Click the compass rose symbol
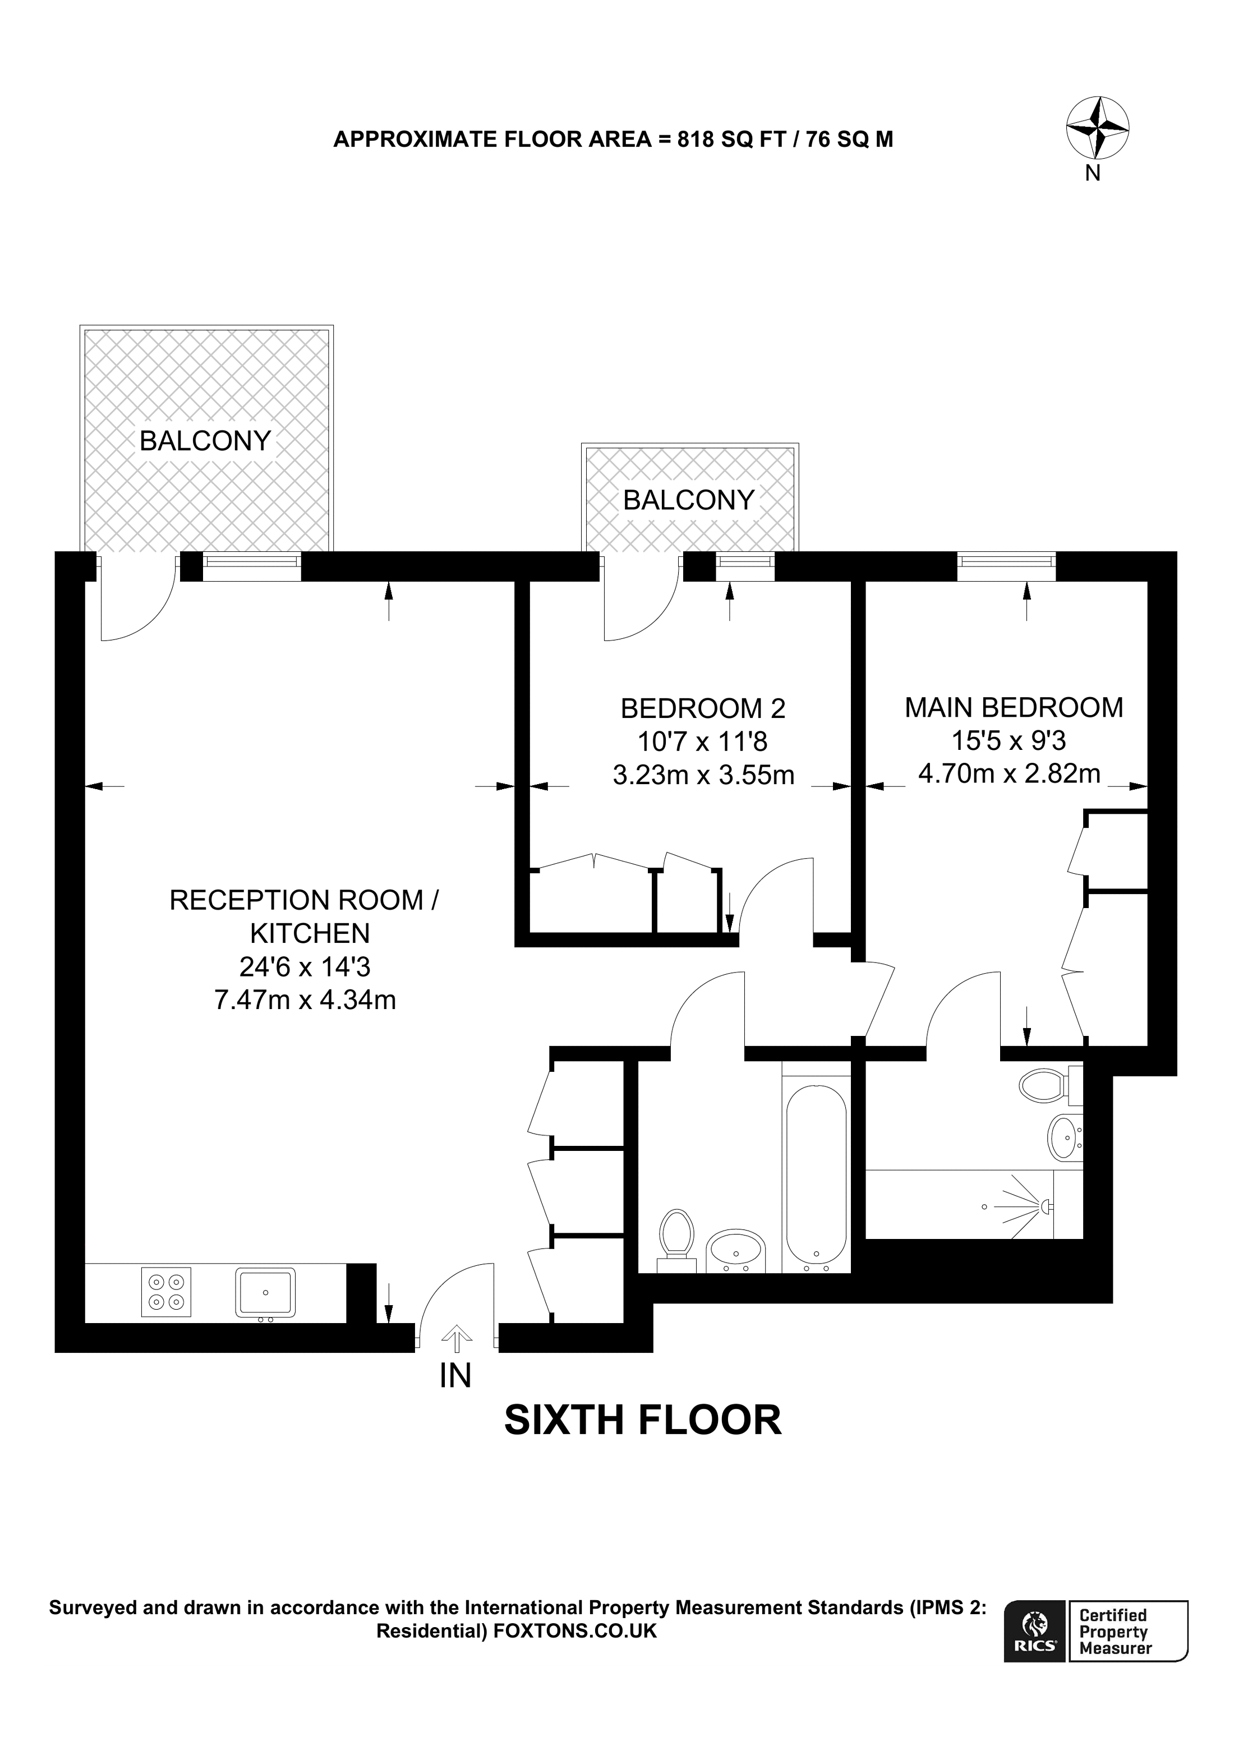pos(1097,128)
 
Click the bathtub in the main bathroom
pos(816,1174)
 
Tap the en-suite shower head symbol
pos(1046,1205)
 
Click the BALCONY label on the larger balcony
pos(205,440)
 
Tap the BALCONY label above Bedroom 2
pos(689,500)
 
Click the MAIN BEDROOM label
pos(1014,707)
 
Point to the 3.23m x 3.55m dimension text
pos(703,775)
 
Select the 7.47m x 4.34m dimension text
pos(305,999)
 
